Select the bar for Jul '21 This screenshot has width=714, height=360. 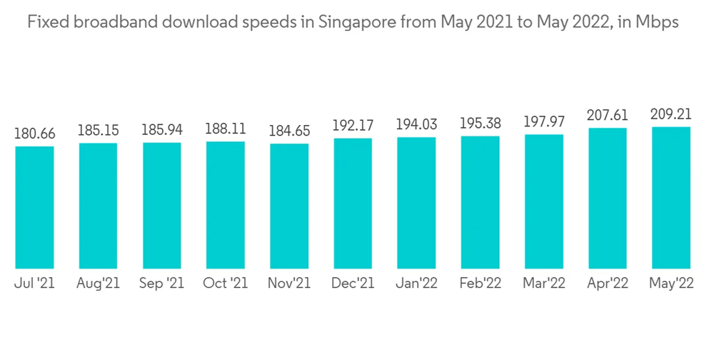(x=34, y=207)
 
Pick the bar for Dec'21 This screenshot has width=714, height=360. (x=353, y=203)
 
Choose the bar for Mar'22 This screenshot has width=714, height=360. (x=544, y=201)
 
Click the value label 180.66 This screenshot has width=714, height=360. (x=34, y=134)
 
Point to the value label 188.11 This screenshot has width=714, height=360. (x=226, y=129)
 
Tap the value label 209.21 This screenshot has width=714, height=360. (x=671, y=114)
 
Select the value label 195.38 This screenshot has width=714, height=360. (x=480, y=124)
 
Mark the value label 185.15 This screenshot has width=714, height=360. (x=99, y=131)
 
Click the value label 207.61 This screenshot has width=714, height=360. (x=608, y=116)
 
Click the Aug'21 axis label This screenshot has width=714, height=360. (x=99, y=284)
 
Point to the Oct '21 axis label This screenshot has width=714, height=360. (x=226, y=284)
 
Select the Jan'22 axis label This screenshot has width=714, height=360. (x=416, y=284)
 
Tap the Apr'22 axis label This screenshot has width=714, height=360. (x=608, y=284)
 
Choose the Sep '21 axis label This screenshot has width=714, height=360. (x=162, y=284)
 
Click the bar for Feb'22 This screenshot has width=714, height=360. (x=480, y=202)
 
